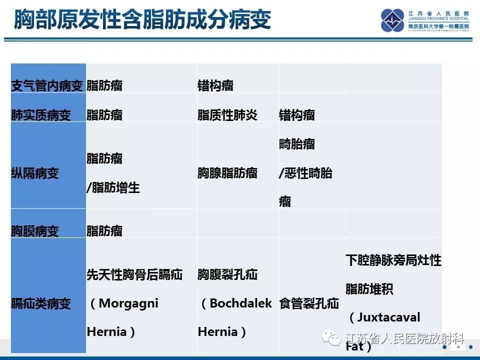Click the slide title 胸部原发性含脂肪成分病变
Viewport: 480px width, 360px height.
click(x=142, y=20)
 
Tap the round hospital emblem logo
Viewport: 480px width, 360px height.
click(x=392, y=20)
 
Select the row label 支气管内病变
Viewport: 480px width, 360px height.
click(x=47, y=86)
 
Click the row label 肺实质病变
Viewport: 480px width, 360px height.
click(x=41, y=115)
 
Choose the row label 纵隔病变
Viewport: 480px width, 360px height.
click(x=35, y=173)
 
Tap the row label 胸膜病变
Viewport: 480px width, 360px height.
click(x=35, y=231)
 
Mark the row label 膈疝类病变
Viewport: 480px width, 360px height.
click(x=41, y=303)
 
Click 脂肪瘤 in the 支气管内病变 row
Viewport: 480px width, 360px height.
click(x=104, y=86)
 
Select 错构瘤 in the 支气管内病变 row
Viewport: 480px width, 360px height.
click(x=215, y=86)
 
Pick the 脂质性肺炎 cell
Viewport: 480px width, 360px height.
click(x=227, y=115)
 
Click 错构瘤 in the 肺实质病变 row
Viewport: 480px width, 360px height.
click(x=297, y=115)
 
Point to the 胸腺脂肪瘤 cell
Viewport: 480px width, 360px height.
click(x=227, y=173)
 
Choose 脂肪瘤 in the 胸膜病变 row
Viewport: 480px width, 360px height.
click(x=104, y=231)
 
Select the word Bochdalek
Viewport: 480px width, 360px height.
click(x=241, y=303)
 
